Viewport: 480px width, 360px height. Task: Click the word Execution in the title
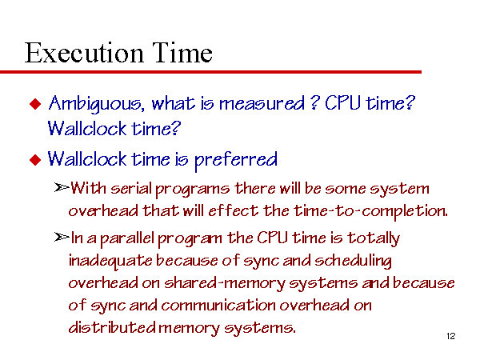point(84,53)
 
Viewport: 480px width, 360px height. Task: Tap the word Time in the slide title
point(182,53)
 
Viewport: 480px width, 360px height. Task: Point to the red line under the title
point(210,72)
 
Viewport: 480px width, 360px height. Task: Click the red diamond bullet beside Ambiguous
point(35,104)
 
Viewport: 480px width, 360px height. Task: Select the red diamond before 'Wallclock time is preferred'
point(35,160)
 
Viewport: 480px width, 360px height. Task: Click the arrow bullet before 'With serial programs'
point(62,187)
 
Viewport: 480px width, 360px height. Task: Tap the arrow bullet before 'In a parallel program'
point(62,237)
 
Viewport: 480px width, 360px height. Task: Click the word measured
point(262,103)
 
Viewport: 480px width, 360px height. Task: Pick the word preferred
point(236,160)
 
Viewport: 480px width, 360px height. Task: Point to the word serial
point(131,188)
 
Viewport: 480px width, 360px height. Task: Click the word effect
point(234,210)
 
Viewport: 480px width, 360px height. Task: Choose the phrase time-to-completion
point(370,211)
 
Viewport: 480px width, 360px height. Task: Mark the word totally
point(374,238)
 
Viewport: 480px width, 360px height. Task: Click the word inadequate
point(110,262)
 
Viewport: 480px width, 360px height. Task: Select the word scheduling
point(354,261)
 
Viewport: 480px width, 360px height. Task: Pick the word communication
point(218,306)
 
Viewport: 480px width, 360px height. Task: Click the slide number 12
point(451,336)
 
